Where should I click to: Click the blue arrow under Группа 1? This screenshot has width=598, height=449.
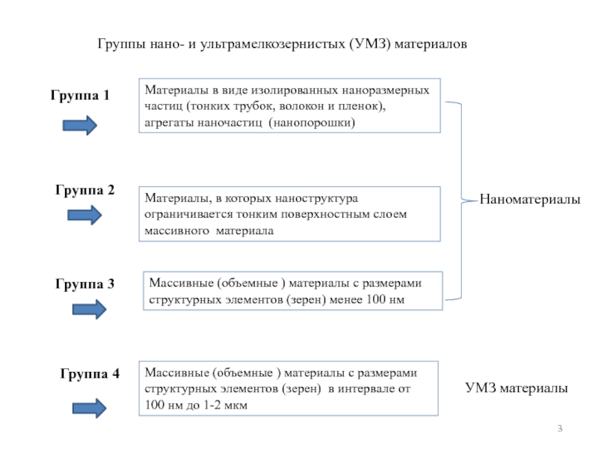click(x=80, y=125)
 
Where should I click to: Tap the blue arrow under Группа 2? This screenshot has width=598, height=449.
click(x=84, y=215)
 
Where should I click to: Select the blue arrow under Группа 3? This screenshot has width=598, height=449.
click(x=89, y=309)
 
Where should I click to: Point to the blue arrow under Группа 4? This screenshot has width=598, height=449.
click(x=89, y=408)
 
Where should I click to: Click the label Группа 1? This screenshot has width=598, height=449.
click(x=80, y=96)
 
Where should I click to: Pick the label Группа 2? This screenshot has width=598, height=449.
click(x=84, y=190)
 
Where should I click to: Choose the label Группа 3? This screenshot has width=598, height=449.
click(x=84, y=284)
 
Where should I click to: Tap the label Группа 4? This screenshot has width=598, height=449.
click(x=90, y=373)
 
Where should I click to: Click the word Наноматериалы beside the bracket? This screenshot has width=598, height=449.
click(x=530, y=199)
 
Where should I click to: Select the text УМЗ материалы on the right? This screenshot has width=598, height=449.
click(x=517, y=388)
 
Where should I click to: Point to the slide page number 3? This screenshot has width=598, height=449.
click(x=560, y=429)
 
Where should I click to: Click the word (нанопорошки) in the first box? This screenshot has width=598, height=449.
click(x=312, y=123)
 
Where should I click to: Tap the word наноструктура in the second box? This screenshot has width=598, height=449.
click(x=316, y=198)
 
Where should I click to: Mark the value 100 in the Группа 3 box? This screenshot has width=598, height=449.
click(x=376, y=299)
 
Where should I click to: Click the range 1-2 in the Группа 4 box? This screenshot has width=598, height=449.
click(x=212, y=405)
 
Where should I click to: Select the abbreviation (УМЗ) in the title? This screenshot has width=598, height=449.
click(x=369, y=44)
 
